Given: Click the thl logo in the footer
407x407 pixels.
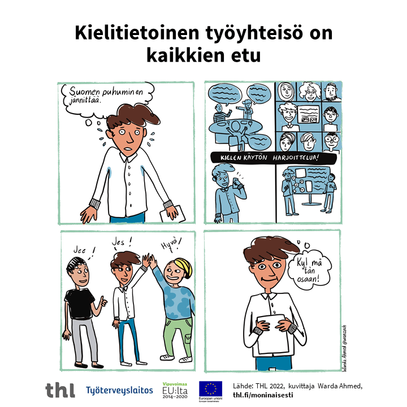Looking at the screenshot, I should click(60, 389).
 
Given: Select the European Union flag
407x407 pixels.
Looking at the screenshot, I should click(210, 387).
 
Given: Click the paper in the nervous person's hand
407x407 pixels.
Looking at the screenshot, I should click(169, 214).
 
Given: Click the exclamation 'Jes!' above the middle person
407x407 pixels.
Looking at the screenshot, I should click(122, 242).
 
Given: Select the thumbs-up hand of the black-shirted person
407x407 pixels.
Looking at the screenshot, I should click(102, 304).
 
